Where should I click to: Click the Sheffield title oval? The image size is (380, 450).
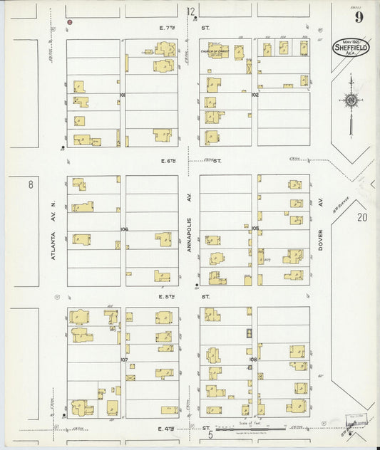[351, 48]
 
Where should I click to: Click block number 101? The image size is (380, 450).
[123, 94]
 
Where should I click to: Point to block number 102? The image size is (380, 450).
[255, 94]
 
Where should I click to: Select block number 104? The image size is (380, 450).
[123, 229]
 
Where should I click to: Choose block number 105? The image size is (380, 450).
[255, 229]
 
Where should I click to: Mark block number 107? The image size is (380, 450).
[123, 360]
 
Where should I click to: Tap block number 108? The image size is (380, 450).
[254, 360]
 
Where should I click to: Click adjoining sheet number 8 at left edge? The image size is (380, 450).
[31, 185]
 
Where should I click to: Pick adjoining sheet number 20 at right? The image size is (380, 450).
[362, 217]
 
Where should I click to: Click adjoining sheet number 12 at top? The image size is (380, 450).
[191, 11]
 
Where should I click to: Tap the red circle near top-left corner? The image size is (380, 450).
[70, 22]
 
